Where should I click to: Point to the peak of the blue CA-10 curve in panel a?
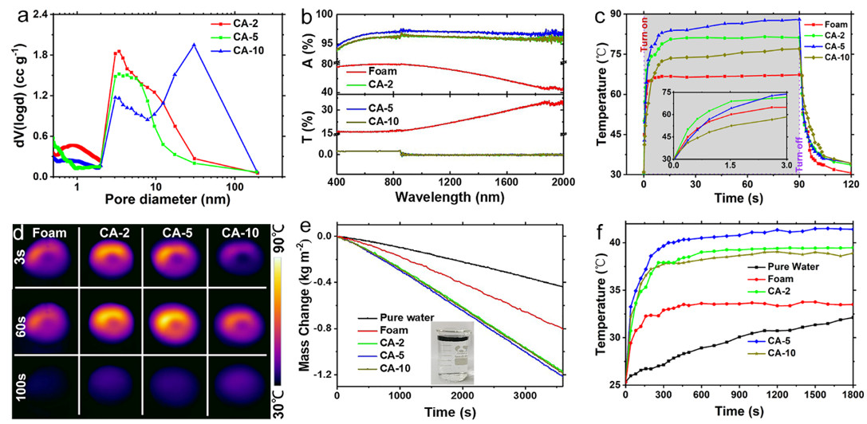(194, 45)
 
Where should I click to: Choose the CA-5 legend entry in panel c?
(834, 48)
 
